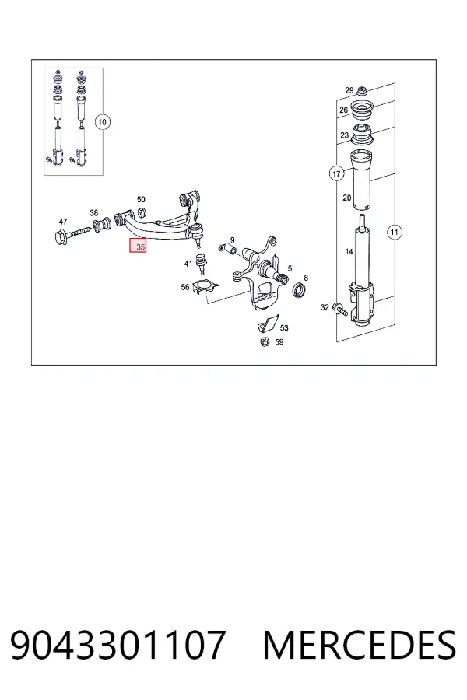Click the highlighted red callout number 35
tap(138, 247)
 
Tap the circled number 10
tap(102, 122)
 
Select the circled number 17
tap(336, 173)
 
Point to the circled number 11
tap(394, 232)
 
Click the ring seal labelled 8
tap(300, 290)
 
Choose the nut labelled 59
tap(265, 342)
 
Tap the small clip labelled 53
tap(268, 324)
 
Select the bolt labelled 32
tap(341, 309)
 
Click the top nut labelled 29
tap(362, 91)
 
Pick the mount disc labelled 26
tap(363, 111)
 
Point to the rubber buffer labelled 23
tap(363, 135)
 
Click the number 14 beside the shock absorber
tap(349, 252)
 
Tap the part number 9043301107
tap(118, 645)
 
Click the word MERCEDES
tap(360, 645)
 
